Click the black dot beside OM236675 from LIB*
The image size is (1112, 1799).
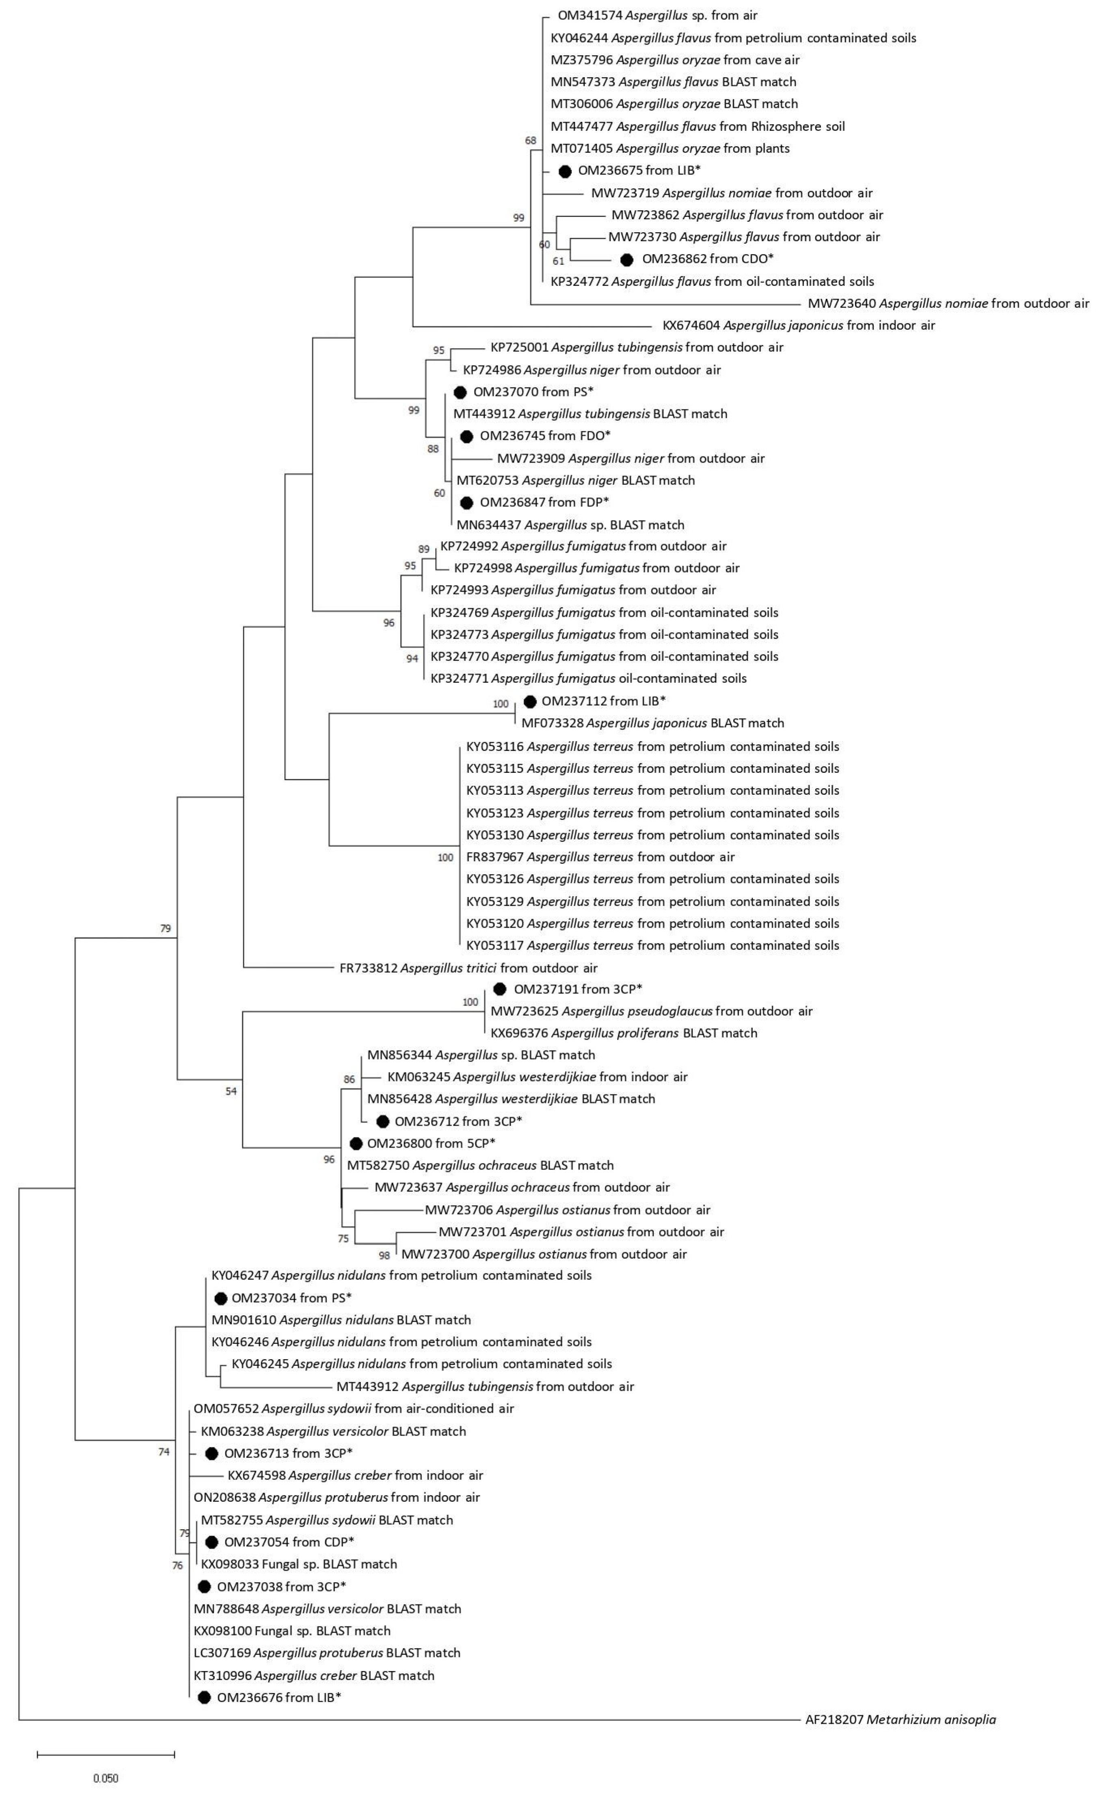click(565, 171)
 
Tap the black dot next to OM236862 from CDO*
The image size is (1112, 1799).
click(626, 259)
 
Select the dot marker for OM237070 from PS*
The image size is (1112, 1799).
click(460, 392)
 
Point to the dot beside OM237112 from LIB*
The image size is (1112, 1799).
click(529, 702)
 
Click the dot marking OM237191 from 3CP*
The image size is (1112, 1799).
click(500, 989)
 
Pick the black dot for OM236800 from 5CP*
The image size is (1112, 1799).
click(356, 1144)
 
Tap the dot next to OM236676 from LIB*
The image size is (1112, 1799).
click(205, 1697)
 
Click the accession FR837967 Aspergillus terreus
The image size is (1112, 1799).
click(600, 857)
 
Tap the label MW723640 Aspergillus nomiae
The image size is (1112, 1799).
click(948, 303)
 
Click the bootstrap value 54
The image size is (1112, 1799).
click(231, 1092)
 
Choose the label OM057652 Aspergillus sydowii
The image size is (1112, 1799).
click(354, 1408)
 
